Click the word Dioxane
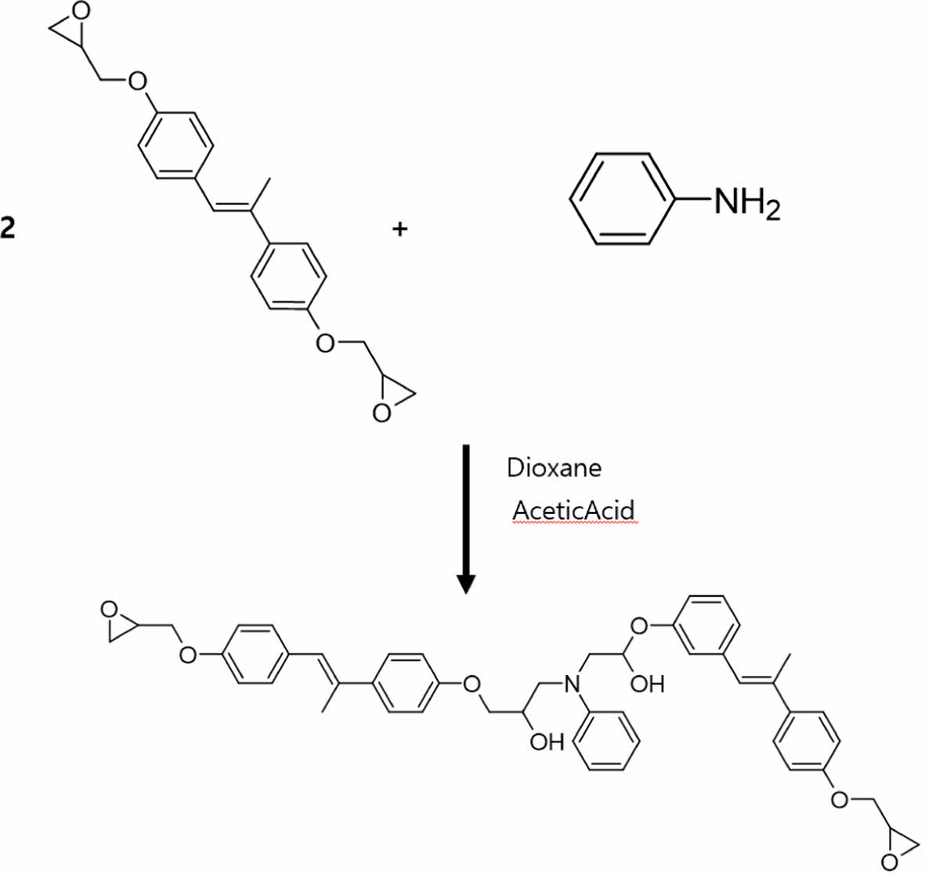[x=555, y=468]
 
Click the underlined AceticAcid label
[x=573, y=510]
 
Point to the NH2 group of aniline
[x=746, y=204]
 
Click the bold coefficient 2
[x=8, y=229]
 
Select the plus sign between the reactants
[x=400, y=229]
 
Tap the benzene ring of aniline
[x=622, y=199]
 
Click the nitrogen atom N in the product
[x=573, y=683]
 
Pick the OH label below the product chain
[x=547, y=741]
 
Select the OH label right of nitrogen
[x=647, y=684]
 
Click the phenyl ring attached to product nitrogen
[x=607, y=741]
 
